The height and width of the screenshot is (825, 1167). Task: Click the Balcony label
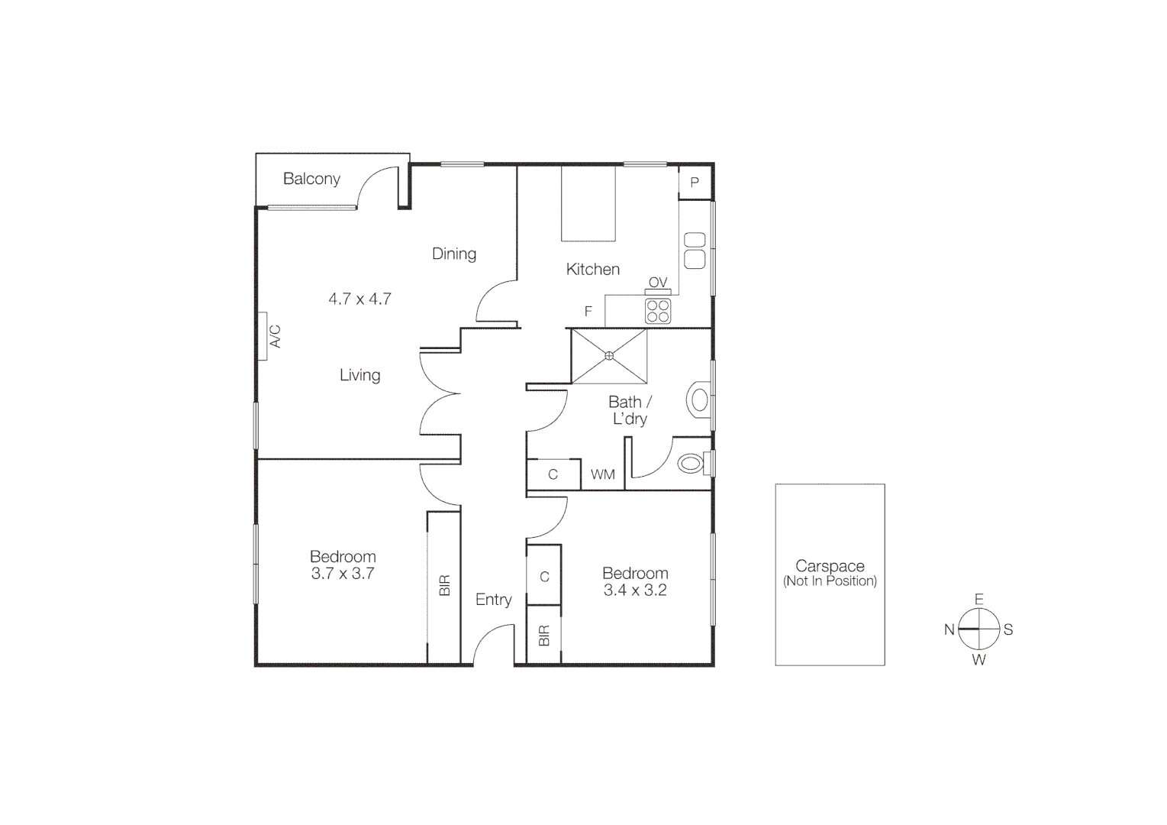(x=311, y=179)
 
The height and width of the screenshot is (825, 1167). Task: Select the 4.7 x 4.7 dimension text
(x=359, y=299)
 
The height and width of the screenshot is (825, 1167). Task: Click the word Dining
(x=454, y=254)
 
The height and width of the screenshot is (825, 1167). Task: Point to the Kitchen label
(x=593, y=269)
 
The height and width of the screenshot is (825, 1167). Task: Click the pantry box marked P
(x=695, y=183)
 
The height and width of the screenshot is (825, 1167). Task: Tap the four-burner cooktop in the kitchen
(x=658, y=311)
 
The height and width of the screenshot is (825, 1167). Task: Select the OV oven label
(x=658, y=283)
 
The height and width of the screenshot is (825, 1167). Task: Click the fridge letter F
(x=588, y=312)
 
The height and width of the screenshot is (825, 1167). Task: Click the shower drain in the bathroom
(x=609, y=355)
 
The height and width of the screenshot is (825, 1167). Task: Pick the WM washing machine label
(x=603, y=474)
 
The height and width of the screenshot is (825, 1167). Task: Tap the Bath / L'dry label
(x=630, y=410)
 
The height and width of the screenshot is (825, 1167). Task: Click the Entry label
(x=493, y=600)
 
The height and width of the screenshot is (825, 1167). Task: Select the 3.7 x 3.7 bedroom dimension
(x=343, y=574)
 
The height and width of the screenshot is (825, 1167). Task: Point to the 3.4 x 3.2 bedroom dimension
(x=635, y=590)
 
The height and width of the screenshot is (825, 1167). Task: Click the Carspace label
(x=830, y=566)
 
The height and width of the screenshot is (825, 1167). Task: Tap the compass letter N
(x=949, y=629)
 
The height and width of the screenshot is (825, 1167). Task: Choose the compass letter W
(x=979, y=660)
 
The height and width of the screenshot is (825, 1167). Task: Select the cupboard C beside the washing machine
(x=553, y=474)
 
